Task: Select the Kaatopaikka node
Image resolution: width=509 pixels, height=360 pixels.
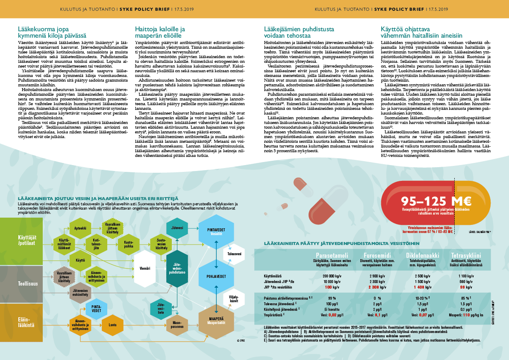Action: click(x=129, y=244)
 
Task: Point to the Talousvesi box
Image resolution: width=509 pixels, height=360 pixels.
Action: click(x=234, y=254)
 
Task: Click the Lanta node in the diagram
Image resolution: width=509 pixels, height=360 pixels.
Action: click(x=112, y=325)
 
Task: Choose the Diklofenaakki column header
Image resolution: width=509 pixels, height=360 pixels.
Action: click(x=417, y=256)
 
